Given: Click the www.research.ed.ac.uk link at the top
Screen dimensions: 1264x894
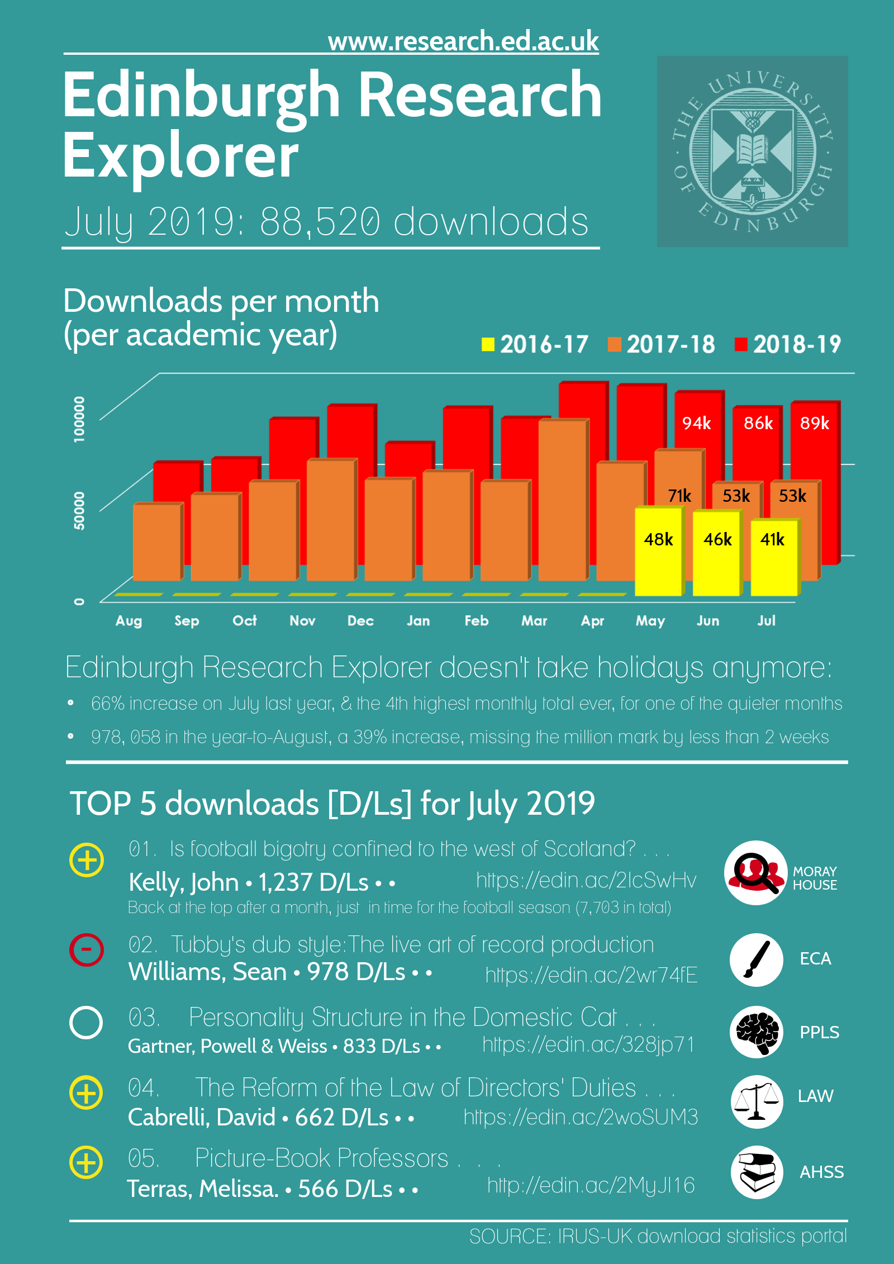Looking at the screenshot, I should tap(463, 41).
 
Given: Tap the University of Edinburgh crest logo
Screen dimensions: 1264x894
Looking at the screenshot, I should tap(752, 151).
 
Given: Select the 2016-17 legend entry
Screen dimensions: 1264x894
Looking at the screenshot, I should tap(535, 344).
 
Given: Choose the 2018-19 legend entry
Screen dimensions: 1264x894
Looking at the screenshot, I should tap(788, 344).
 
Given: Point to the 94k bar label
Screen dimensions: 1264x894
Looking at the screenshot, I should tap(696, 423).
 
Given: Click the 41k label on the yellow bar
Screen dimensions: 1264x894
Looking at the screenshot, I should tap(772, 539).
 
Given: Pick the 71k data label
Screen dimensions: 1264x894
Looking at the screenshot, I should tap(679, 496).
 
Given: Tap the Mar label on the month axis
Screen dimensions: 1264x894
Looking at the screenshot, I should tap(534, 621).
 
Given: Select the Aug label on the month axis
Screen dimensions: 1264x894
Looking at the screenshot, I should tap(129, 621).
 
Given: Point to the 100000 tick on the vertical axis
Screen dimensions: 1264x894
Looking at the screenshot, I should tap(79, 419).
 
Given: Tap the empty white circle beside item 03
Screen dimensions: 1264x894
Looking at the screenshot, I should tap(86, 1023).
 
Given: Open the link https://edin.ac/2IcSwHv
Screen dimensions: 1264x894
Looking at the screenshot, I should tap(586, 880).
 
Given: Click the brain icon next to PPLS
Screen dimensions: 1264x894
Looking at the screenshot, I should tap(757, 1032).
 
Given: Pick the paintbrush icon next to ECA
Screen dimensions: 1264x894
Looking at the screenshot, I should tap(757, 959).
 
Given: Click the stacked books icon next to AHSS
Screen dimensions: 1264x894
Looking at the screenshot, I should tap(757, 1172).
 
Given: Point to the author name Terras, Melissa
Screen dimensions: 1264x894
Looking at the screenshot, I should tap(202, 1189).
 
